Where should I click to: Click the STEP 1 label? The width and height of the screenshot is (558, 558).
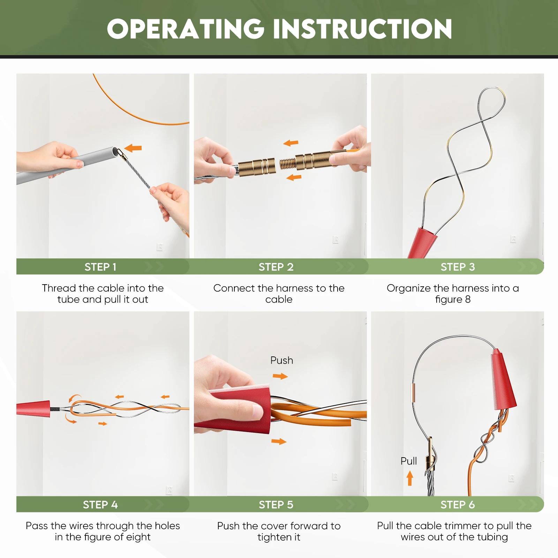pos(100,267)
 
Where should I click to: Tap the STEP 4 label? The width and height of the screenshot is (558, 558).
pos(100,505)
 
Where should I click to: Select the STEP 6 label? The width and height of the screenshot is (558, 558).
pos(458,505)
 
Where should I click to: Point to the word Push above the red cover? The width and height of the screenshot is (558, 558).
pos(282,360)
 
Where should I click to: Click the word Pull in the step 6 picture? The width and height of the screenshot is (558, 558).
pos(409,461)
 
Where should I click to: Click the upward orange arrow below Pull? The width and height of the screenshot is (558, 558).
pos(410,478)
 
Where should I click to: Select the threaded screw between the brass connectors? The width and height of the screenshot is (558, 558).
pos(288,164)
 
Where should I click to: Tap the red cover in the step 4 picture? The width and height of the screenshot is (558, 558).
pos(33,408)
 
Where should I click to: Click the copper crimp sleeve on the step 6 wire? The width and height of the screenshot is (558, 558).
pos(414,393)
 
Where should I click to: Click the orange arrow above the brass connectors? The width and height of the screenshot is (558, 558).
pos(291,143)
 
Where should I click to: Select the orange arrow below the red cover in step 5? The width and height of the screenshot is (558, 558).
pos(279,442)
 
